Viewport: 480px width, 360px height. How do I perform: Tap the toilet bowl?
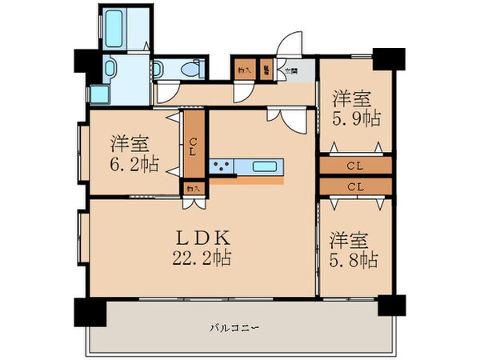189,70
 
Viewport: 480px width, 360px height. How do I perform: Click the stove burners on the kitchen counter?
220,167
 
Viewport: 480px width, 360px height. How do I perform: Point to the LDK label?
203,238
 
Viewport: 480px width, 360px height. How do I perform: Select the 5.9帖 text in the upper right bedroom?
357,118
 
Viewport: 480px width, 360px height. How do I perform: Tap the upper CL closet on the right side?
355,166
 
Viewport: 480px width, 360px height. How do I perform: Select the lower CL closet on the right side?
355,186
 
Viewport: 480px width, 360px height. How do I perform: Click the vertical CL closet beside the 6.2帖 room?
193,146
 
